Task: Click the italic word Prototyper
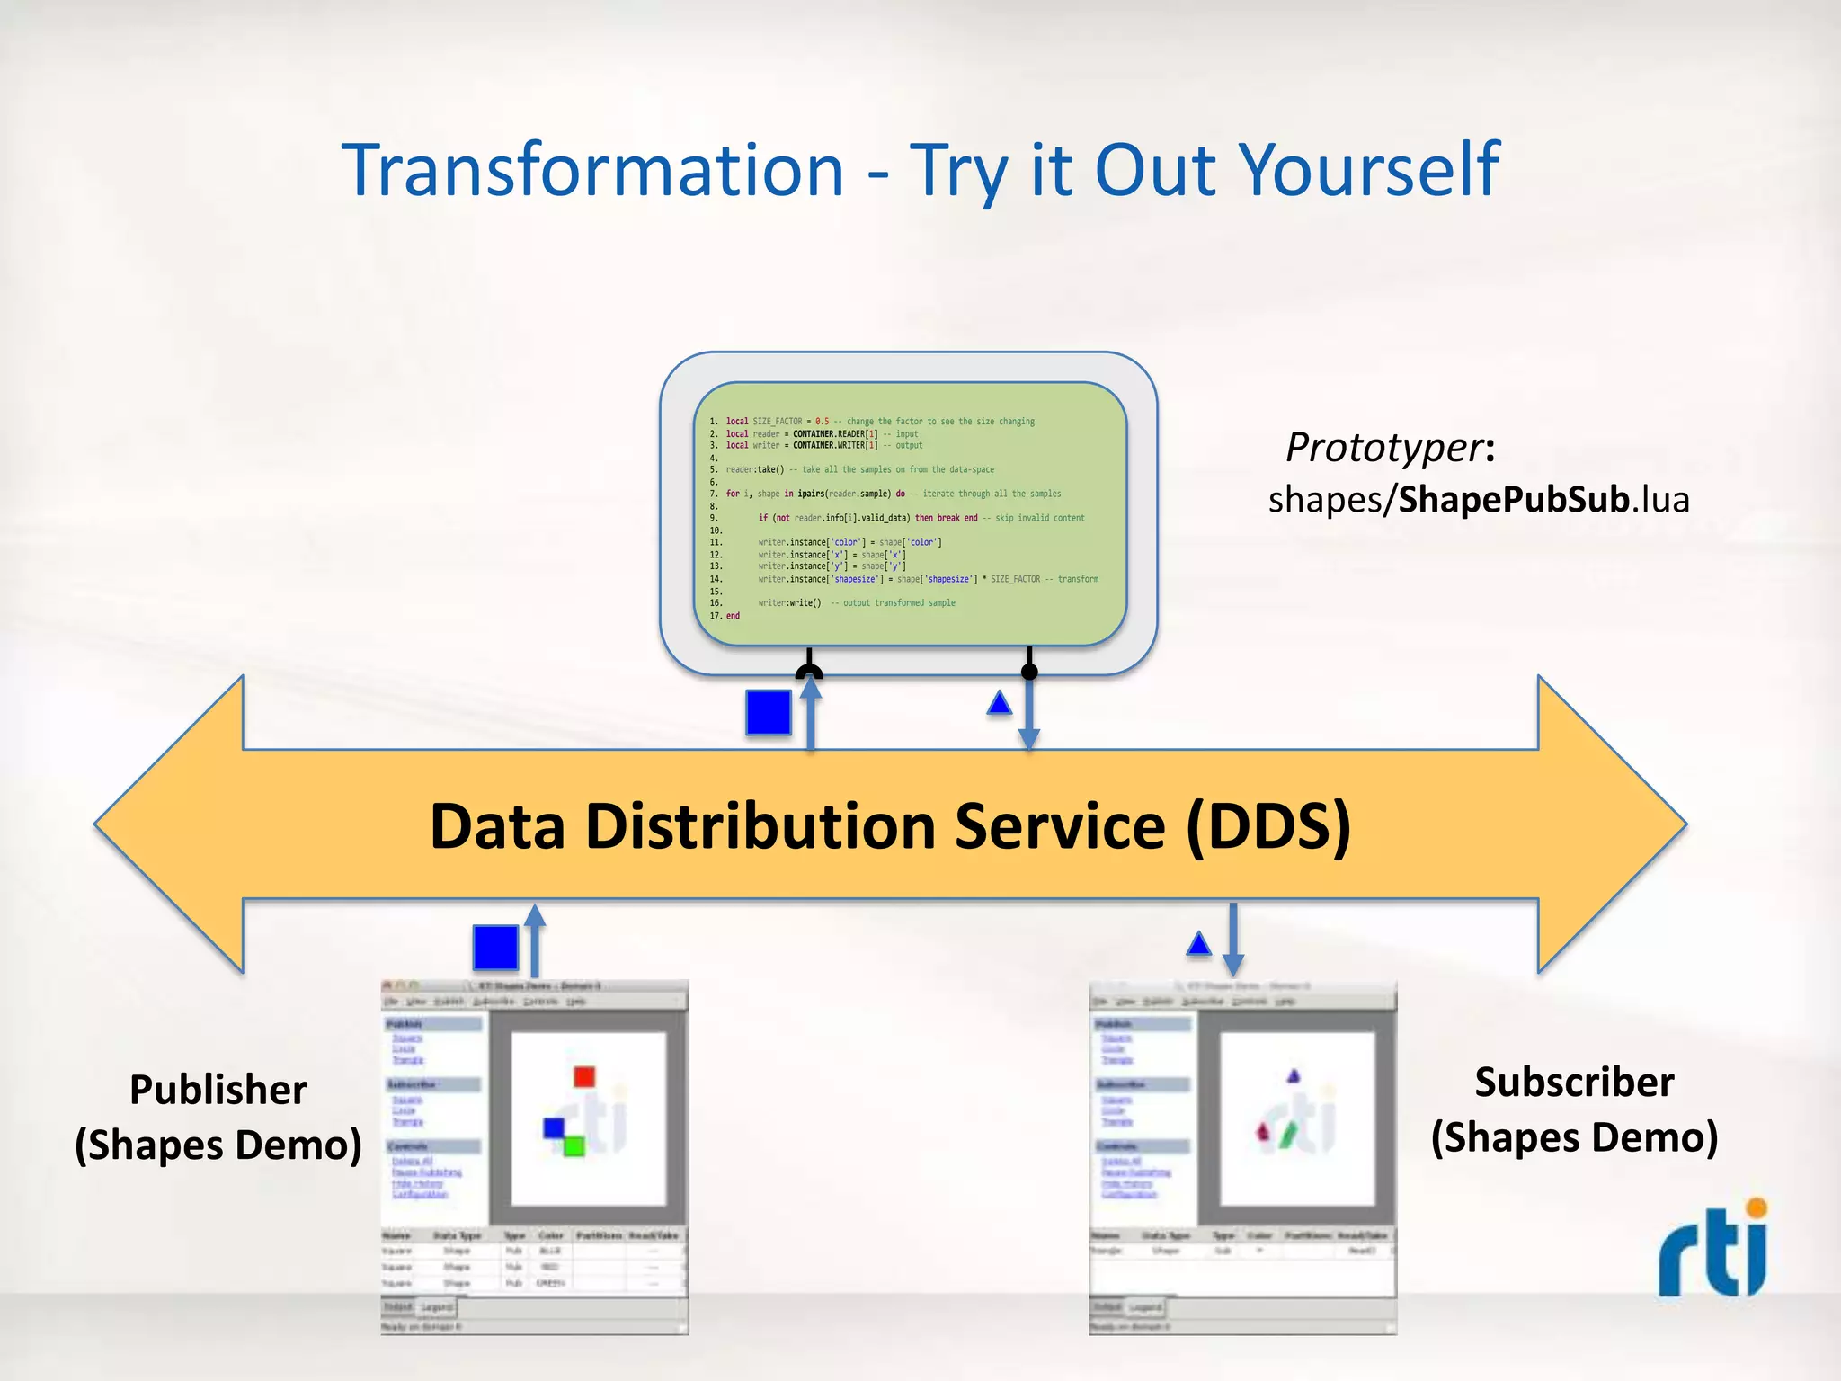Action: [1384, 447]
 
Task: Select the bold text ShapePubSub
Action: [1514, 500]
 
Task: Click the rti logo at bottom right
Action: [1713, 1250]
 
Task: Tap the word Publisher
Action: [218, 1090]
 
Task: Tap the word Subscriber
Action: [1574, 1083]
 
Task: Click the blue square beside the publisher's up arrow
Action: [495, 948]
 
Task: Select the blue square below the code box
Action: [769, 712]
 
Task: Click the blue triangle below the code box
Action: [1000, 703]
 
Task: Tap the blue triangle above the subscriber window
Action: [1199, 943]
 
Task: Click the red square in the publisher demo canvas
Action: [584, 1076]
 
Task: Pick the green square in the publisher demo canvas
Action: [574, 1145]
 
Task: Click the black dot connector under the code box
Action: [1030, 672]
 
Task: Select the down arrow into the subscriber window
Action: [1233, 940]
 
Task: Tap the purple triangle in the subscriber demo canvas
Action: [1294, 1075]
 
